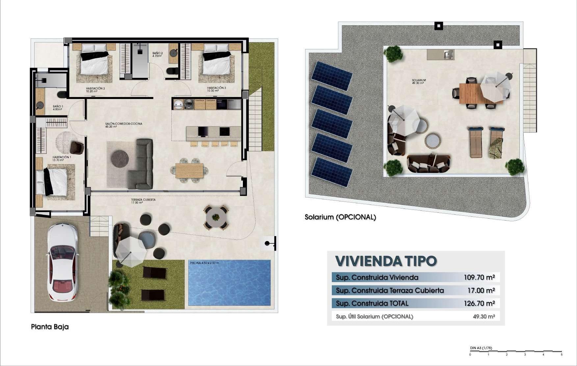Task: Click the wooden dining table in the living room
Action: [189, 170]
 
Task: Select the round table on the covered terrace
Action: [216, 217]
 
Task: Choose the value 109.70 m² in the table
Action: [479, 277]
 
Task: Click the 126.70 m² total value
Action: [479, 303]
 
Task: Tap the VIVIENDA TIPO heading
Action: [386, 261]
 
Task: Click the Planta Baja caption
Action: [50, 327]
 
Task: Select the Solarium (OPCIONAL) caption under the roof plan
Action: [340, 217]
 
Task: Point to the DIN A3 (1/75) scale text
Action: [481, 348]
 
